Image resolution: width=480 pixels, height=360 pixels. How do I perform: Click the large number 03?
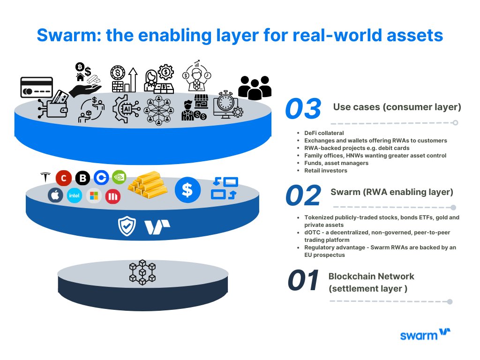303,109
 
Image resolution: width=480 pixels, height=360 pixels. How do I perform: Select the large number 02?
303,195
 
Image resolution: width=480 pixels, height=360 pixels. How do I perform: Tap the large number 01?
303,281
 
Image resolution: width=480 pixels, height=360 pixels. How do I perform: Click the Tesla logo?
45,178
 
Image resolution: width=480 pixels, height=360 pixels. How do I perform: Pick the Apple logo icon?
55,195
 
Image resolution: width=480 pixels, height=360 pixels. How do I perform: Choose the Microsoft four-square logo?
94,195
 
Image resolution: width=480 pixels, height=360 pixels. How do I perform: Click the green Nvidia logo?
119,177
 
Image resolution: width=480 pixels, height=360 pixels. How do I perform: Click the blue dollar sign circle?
187,190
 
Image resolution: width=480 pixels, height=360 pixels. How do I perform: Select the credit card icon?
36,88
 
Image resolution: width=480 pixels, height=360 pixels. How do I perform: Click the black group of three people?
255,87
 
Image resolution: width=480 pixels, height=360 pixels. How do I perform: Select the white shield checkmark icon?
127,226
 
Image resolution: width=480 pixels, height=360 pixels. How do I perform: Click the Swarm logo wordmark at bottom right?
425,335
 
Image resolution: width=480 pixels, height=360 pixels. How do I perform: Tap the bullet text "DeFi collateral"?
323,133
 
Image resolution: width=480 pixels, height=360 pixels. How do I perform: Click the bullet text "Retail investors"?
326,171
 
